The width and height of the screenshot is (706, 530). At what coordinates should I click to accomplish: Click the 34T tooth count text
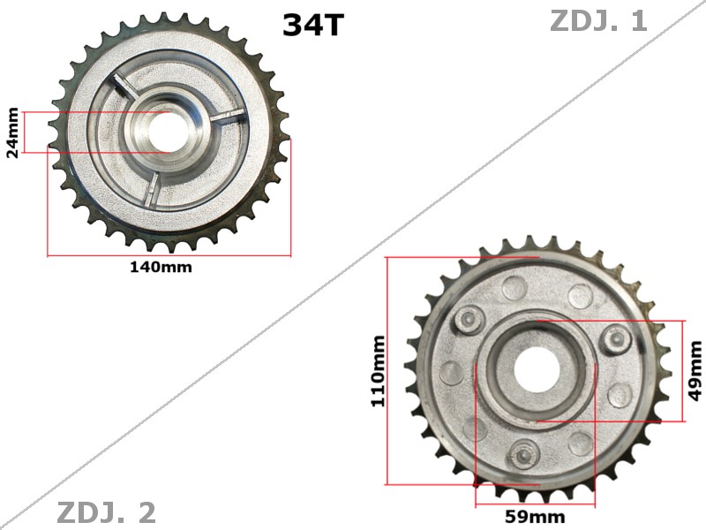click(x=312, y=25)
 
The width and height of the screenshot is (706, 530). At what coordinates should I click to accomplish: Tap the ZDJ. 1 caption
click(x=598, y=20)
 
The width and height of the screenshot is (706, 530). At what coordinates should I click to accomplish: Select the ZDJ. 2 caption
click(x=106, y=512)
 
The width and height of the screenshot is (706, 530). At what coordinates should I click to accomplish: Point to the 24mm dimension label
click(x=12, y=132)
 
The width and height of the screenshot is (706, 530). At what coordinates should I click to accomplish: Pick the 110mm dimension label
click(x=379, y=370)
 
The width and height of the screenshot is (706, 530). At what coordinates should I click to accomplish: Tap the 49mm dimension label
click(x=695, y=371)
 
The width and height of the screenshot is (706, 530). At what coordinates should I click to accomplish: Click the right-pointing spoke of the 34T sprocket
click(x=224, y=116)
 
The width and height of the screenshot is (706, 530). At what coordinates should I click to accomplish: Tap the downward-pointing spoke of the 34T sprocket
click(x=153, y=185)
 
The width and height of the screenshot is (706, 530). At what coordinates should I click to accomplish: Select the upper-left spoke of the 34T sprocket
click(x=124, y=92)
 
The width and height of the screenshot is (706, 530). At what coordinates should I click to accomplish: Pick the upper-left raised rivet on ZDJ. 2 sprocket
click(x=467, y=317)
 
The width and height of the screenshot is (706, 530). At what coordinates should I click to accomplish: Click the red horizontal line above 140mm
click(x=169, y=256)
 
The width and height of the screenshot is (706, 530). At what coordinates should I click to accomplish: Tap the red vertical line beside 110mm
click(x=387, y=370)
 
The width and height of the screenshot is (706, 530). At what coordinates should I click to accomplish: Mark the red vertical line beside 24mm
click(x=25, y=132)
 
